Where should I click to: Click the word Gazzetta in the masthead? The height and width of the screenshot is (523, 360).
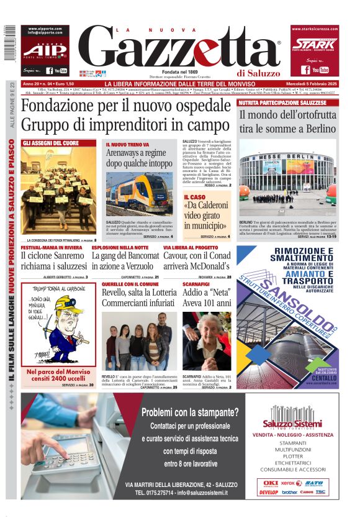point(180,47)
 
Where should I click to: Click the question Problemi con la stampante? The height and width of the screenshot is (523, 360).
point(189,412)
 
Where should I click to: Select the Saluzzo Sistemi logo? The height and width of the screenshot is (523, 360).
point(295,415)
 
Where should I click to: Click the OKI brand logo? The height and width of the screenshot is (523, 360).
point(271,483)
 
